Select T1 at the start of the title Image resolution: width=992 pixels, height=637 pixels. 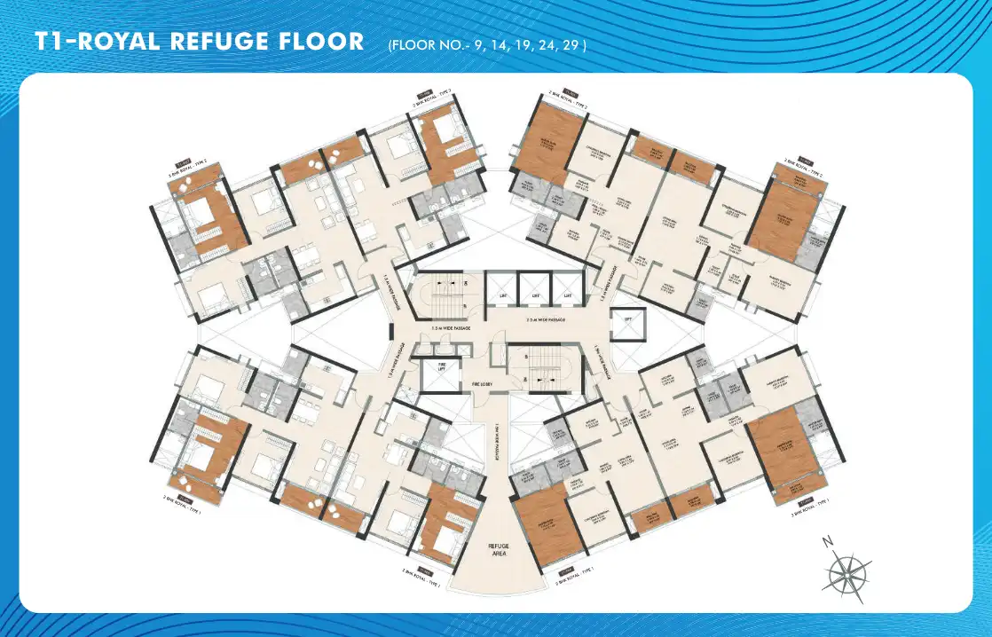tap(48, 42)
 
